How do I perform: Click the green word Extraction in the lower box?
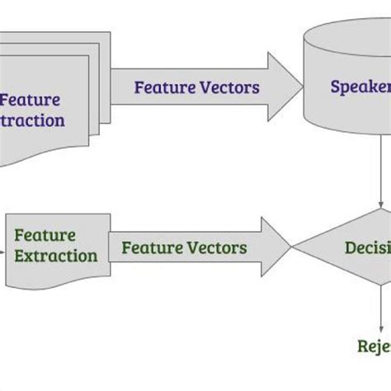55,255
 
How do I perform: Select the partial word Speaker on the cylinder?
360,86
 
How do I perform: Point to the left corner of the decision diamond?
294,246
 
